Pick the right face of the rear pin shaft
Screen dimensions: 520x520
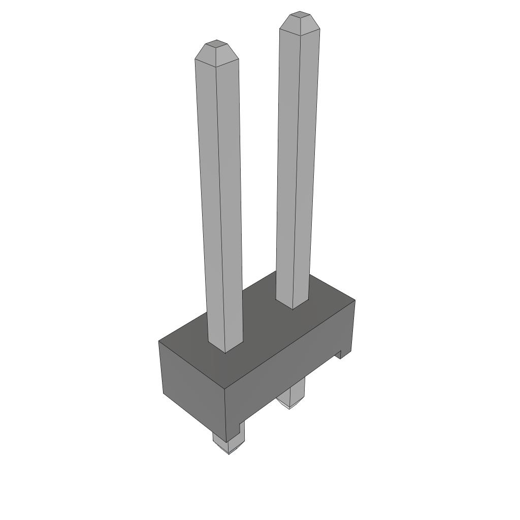(308, 168)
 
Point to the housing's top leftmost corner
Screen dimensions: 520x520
(159, 341)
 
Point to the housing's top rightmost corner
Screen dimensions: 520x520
(354, 301)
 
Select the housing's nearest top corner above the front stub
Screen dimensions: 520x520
(225, 390)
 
